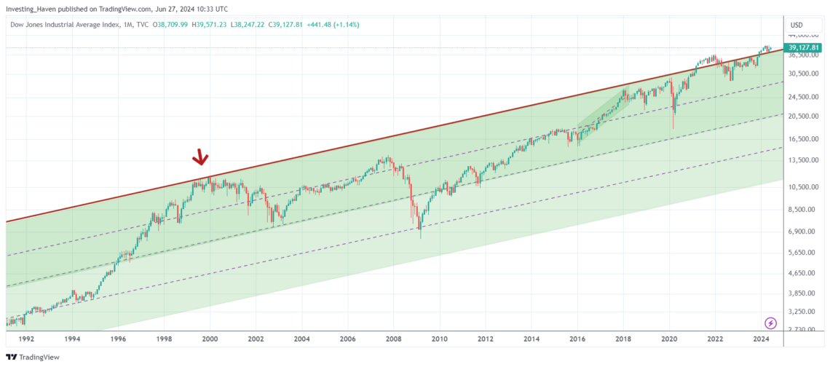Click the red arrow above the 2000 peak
click(x=200, y=157)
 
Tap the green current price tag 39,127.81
click(x=804, y=48)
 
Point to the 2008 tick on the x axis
click(x=393, y=339)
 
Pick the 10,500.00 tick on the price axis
click(x=802, y=187)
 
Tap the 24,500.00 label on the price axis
click(x=802, y=96)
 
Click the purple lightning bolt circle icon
click(x=770, y=323)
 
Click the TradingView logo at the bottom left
click(x=33, y=357)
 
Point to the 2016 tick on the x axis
click(x=577, y=339)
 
